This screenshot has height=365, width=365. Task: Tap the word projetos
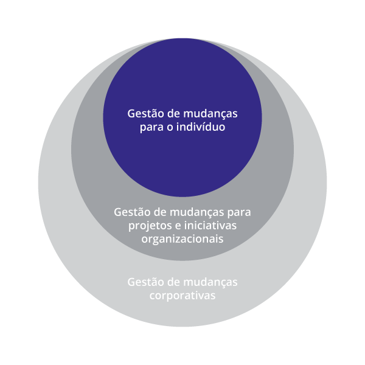pyautogui.click(x=148, y=226)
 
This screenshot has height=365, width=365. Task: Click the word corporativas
pyautogui.click(x=182, y=296)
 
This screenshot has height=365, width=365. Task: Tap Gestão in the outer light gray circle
pyautogui.click(x=146, y=282)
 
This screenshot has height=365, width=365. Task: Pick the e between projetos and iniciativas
pyautogui.click(x=175, y=226)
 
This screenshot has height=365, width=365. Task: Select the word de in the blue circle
pyautogui.click(x=173, y=114)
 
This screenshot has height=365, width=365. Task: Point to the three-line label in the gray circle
pyautogui.click(x=182, y=225)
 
